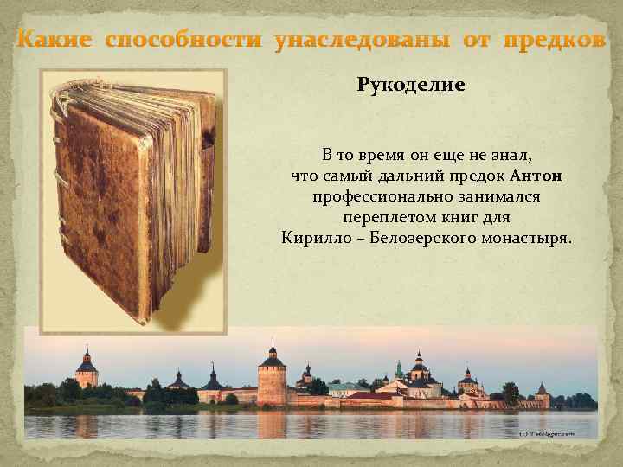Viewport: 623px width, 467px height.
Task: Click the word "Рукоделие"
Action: (x=411, y=86)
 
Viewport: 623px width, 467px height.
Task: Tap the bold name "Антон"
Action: (x=537, y=176)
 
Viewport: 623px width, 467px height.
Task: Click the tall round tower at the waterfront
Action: (x=272, y=381)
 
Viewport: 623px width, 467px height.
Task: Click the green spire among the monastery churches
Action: (x=399, y=369)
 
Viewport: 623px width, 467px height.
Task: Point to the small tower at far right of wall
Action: (x=542, y=394)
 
